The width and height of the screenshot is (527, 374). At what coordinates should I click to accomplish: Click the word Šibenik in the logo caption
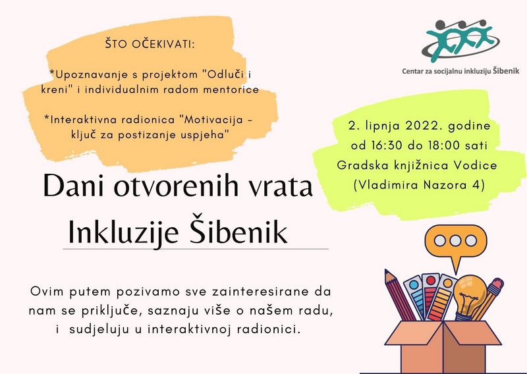point(506,70)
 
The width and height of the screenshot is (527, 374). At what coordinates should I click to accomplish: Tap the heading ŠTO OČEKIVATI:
point(150,44)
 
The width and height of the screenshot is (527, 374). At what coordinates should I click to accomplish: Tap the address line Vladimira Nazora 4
point(419,185)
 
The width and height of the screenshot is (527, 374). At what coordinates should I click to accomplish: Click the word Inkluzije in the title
point(123,232)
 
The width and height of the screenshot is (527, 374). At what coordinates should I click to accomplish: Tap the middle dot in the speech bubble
point(455,240)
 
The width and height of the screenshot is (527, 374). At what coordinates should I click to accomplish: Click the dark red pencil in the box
point(400,295)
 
